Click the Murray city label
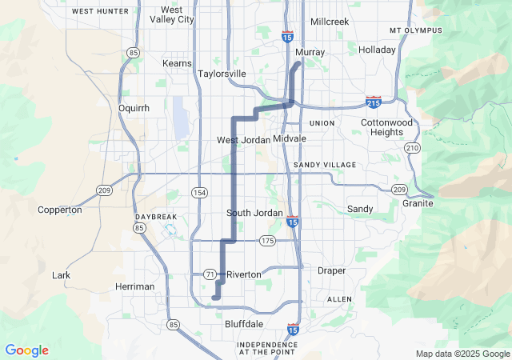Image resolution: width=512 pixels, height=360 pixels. coord(310,52)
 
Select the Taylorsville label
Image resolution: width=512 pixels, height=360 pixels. coord(222,74)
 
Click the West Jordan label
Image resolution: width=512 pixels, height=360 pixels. coord(243,140)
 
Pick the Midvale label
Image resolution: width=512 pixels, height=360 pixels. coord(289,138)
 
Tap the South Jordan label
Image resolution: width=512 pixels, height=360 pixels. coord(254,213)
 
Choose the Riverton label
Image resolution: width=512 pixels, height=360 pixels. coord(243,274)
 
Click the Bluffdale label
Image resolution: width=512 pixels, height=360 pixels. coord(243,324)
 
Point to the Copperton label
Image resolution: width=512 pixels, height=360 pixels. coord(60,210)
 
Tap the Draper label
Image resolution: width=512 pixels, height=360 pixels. coord(331,270)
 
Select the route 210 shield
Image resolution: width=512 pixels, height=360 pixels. coord(412,148)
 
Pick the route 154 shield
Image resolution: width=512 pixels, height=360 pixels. coord(199,193)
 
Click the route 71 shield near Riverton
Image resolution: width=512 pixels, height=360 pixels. coord(210,274)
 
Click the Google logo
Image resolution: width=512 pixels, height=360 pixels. coord(26,350)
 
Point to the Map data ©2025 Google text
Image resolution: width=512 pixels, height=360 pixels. coord(462,354)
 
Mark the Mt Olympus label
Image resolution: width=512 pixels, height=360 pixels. coord(415,30)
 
